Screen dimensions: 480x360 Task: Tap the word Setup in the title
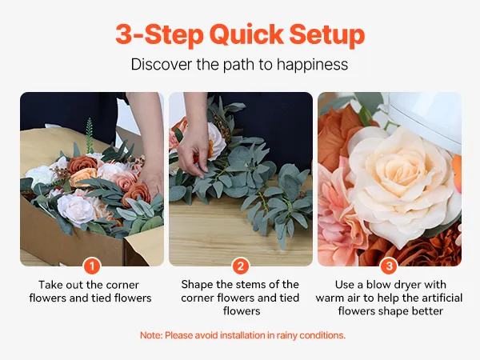pyautogui.click(x=327, y=35)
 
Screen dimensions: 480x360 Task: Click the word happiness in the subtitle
pyautogui.click(x=312, y=65)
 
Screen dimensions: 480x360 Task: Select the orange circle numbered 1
pyautogui.click(x=92, y=266)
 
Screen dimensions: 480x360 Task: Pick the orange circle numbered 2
pyautogui.click(x=241, y=266)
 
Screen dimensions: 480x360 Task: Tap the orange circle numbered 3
pyautogui.click(x=389, y=266)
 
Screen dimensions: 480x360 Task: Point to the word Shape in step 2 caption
pyautogui.click(x=197, y=285)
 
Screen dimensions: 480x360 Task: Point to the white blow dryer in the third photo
pyautogui.click(x=426, y=119)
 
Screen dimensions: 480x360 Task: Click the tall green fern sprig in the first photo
pyautogui.click(x=89, y=135)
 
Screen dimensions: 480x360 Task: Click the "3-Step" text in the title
pyautogui.click(x=159, y=35)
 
